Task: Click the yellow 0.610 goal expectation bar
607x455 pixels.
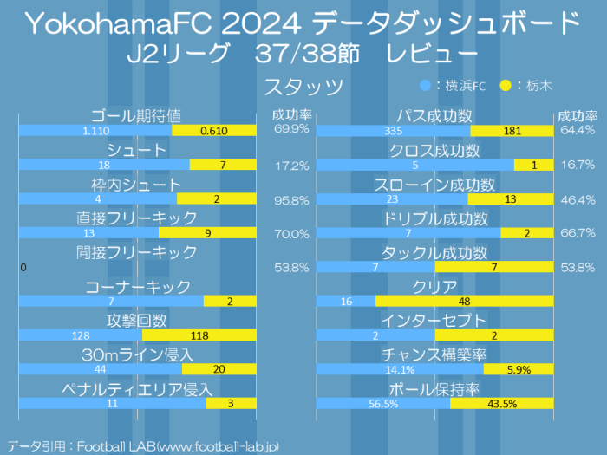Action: coord(214,130)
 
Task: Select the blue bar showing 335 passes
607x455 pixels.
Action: coord(394,130)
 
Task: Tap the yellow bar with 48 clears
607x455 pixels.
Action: coord(464,301)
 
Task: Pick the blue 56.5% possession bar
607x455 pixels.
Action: coord(383,403)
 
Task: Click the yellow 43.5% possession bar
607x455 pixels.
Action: coord(502,403)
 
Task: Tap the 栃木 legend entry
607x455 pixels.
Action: coord(530,85)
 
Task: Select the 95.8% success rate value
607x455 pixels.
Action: coord(291,199)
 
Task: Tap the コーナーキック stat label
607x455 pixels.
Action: coord(137,287)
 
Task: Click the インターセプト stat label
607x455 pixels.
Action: coord(434,321)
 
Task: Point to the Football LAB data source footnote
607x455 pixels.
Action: coord(143,445)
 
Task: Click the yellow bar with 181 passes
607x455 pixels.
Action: coord(512,130)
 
